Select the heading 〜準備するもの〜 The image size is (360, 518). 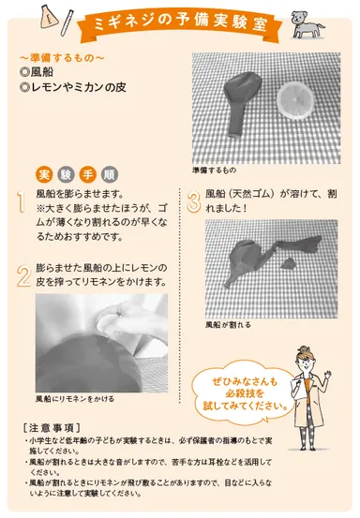[56, 59]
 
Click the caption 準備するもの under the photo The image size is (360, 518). [215, 170]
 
